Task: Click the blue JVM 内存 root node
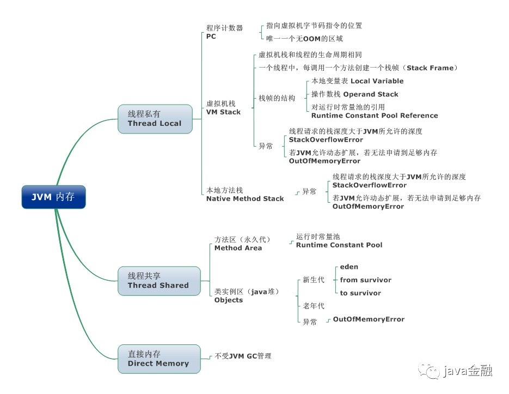53,197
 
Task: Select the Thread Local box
155,119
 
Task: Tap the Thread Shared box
158,281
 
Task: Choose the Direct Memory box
158,359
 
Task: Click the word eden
349,267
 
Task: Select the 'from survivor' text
365,280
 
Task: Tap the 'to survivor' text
360,293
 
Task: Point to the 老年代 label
314,306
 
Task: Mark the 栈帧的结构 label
277,98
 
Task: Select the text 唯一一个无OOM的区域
304,39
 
